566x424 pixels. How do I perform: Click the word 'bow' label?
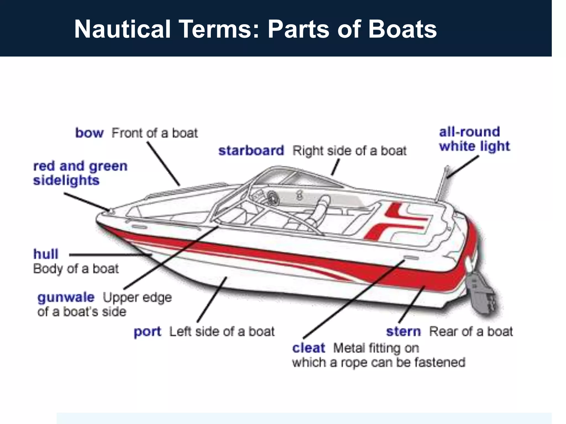89,133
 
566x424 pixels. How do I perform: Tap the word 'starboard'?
251,151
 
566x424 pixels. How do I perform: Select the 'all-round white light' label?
474,139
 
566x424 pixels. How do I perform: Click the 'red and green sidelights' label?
80,173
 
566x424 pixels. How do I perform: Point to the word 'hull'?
46,254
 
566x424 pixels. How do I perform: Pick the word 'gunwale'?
66,297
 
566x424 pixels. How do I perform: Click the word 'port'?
147,332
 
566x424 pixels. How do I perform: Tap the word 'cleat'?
309,348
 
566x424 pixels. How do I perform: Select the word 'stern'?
403,331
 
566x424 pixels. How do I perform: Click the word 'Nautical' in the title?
122,29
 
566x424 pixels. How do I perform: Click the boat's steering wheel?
272,198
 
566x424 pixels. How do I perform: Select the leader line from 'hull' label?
111,255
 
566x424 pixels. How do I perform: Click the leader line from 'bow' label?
163,163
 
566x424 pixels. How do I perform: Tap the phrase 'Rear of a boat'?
471,331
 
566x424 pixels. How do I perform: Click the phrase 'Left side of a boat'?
222,332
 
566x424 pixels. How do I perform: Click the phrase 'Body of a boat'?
76,269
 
